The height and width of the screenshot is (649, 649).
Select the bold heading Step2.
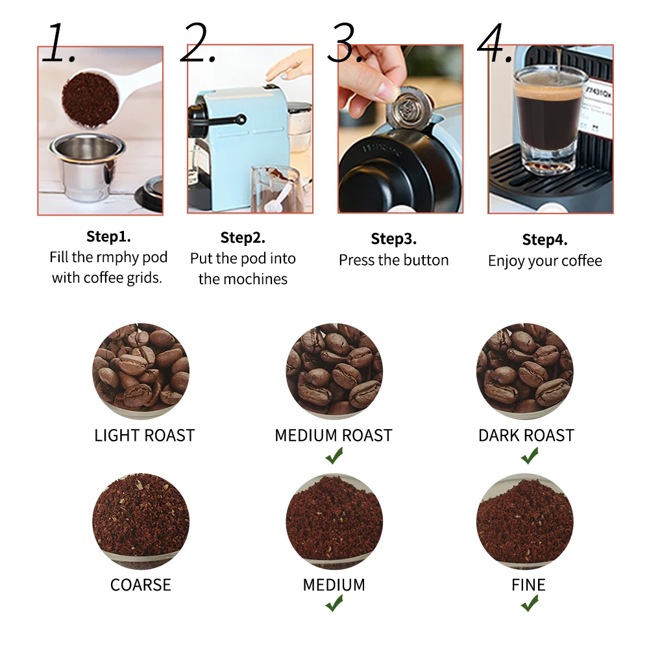click(243, 238)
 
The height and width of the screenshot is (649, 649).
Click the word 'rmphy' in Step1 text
click(117, 258)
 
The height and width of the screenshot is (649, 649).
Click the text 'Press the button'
click(393, 260)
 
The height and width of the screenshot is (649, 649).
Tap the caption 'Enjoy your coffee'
click(545, 261)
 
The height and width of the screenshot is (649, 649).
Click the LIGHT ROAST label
click(144, 435)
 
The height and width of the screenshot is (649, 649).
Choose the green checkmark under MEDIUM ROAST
click(334, 456)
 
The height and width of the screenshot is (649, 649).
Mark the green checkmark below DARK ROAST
click(529, 456)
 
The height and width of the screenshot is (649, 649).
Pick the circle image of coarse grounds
click(141, 522)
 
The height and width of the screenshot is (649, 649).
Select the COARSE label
click(141, 585)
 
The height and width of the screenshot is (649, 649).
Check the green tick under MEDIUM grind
click(334, 604)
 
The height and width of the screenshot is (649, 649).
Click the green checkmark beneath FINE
click(529, 604)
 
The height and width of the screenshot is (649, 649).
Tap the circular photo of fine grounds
click(525, 522)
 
